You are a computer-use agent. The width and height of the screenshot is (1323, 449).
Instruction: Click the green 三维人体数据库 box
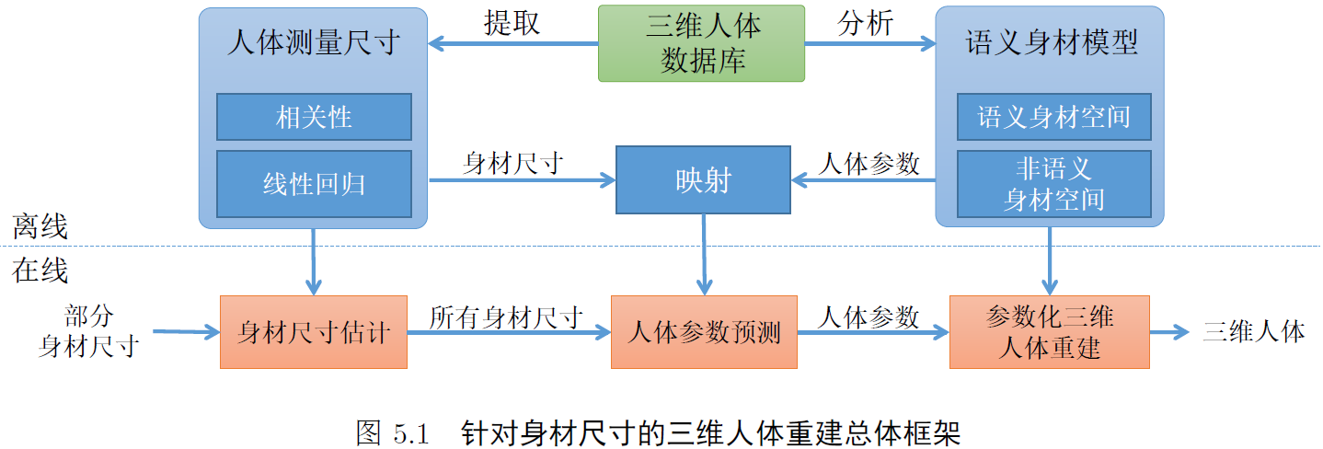[x=701, y=42]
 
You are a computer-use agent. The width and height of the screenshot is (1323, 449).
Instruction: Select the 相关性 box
[x=314, y=118]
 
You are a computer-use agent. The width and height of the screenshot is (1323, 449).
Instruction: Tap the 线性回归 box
[x=314, y=183]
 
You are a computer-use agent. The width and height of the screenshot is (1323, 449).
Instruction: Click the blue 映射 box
[x=702, y=180]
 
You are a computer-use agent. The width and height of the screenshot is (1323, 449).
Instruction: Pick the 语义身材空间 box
[x=1053, y=117]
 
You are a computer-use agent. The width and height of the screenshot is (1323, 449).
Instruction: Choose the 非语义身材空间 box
[x=1053, y=183]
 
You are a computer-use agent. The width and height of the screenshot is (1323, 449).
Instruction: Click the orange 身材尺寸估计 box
[x=313, y=332]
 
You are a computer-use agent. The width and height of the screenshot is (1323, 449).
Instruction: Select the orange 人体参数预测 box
[x=704, y=332]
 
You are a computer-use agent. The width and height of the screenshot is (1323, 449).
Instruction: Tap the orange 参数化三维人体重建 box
[x=1049, y=332]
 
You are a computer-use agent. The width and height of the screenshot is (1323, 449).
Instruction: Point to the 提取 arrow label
[x=512, y=23]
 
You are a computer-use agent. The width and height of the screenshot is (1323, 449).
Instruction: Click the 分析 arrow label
[x=865, y=23]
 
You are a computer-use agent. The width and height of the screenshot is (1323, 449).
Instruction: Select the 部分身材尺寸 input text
[x=88, y=331]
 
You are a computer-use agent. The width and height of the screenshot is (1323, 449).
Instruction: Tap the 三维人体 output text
[x=1253, y=331]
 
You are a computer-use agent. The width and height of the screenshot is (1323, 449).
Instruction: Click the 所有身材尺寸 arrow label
[x=506, y=317]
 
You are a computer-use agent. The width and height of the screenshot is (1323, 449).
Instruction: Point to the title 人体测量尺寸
[x=313, y=43]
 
